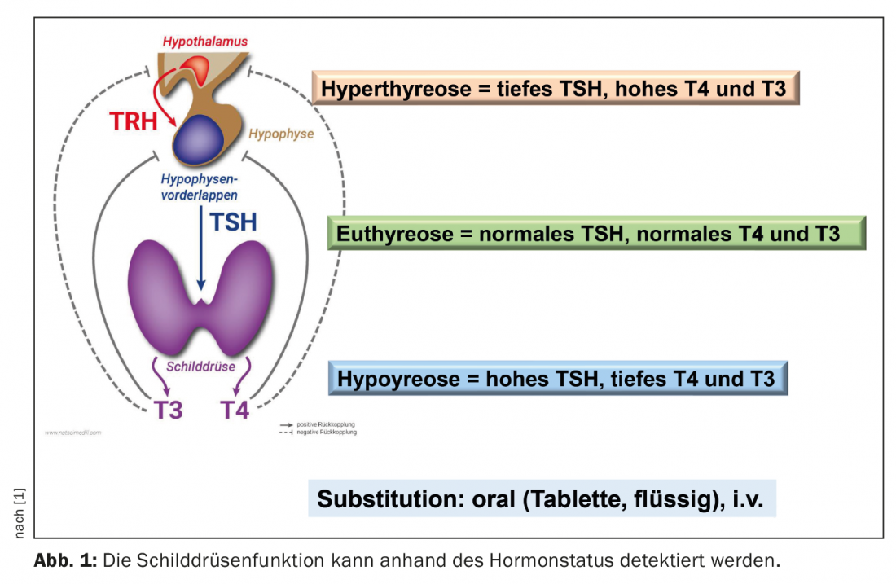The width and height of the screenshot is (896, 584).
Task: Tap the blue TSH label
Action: (232, 222)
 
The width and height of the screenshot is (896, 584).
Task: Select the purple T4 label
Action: (235, 409)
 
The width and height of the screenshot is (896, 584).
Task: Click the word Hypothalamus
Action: (204, 41)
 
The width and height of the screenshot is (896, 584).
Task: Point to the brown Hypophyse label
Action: (281, 134)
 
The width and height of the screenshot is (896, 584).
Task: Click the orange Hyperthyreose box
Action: (554, 88)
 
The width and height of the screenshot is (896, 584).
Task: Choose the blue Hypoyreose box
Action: (557, 379)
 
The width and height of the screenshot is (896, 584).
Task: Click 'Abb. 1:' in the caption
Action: (64, 561)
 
